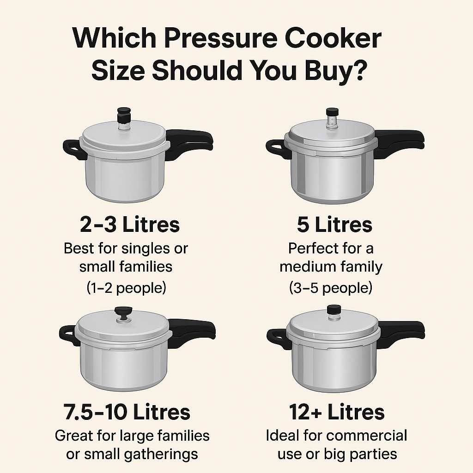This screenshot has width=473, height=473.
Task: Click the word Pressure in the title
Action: (x=221, y=38)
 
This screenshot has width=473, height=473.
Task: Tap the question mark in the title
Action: (x=359, y=70)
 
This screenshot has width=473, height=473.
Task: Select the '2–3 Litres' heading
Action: (x=130, y=225)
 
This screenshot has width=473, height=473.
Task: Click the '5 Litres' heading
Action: (x=334, y=225)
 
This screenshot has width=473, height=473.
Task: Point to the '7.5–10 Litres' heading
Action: (x=127, y=412)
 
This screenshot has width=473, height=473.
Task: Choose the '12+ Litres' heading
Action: (x=337, y=412)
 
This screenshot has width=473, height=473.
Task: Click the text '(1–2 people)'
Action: (x=127, y=288)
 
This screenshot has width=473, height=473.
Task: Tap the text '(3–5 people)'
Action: (x=331, y=288)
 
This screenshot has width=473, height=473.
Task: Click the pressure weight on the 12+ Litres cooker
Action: (x=334, y=314)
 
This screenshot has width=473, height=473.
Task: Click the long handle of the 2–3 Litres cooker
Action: (x=190, y=143)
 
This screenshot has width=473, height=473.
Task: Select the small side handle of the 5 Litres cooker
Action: (x=278, y=148)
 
